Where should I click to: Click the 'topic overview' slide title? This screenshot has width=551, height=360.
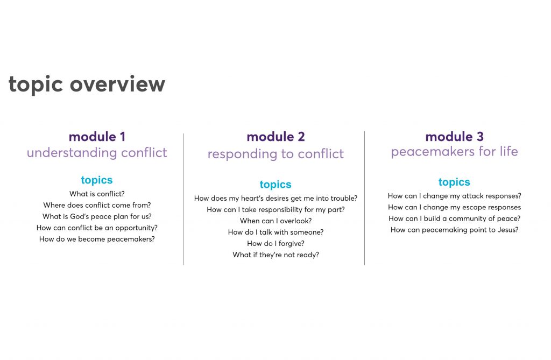[x=87, y=84]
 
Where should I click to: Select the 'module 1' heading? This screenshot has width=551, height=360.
[x=97, y=137]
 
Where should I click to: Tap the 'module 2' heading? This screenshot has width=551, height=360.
[x=275, y=137]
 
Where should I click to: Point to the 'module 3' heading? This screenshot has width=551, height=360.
[x=454, y=137]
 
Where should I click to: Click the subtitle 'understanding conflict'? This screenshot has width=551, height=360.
[x=97, y=153]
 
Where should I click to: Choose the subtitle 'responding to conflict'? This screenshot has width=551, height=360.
[x=275, y=154]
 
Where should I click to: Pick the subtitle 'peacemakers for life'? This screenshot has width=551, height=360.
[x=454, y=152]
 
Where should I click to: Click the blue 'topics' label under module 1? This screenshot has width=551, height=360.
[x=97, y=180]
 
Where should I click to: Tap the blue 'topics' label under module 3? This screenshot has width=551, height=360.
[x=454, y=182]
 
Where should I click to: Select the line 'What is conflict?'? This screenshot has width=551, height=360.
[x=97, y=194]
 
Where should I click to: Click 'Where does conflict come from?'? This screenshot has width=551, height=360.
[x=97, y=205]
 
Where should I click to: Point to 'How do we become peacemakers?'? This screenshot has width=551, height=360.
[x=97, y=239]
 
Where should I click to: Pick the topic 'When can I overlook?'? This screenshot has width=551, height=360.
[x=275, y=221]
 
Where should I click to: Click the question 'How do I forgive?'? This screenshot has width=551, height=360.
[x=275, y=244]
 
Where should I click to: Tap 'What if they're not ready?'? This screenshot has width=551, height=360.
[x=275, y=255]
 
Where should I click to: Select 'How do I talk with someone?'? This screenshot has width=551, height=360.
[x=275, y=232]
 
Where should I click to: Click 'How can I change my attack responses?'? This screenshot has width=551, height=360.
[x=454, y=196]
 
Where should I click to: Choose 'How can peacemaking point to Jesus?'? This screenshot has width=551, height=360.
[x=454, y=230]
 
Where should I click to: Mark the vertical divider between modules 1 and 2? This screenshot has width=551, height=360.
[x=183, y=199]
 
